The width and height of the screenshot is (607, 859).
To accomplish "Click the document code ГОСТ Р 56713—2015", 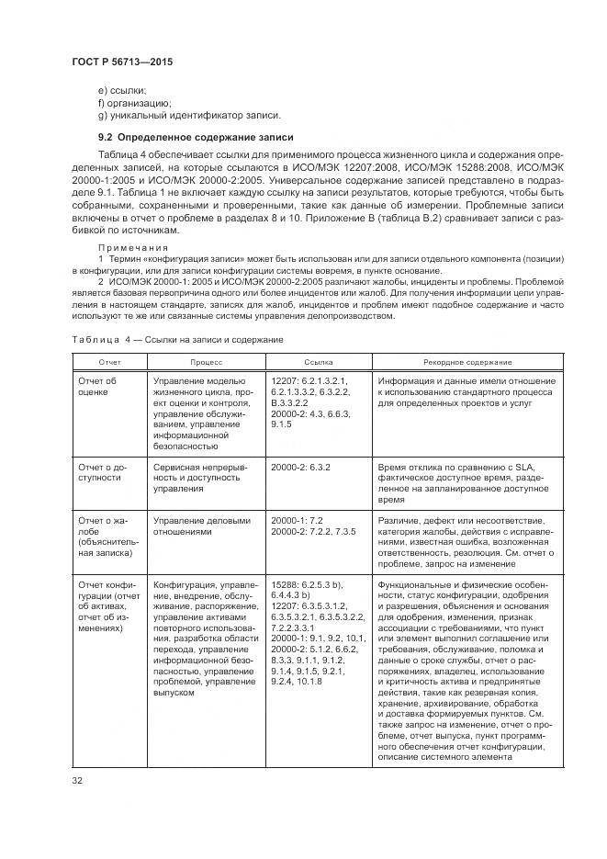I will pyautogui.click(x=121, y=61).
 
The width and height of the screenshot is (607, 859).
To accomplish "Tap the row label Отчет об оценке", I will pyautogui.click(x=99, y=386).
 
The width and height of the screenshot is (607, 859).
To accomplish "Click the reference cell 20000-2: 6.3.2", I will pyautogui.click(x=300, y=467).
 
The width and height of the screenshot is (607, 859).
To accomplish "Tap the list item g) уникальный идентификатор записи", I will pyautogui.click(x=189, y=115).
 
